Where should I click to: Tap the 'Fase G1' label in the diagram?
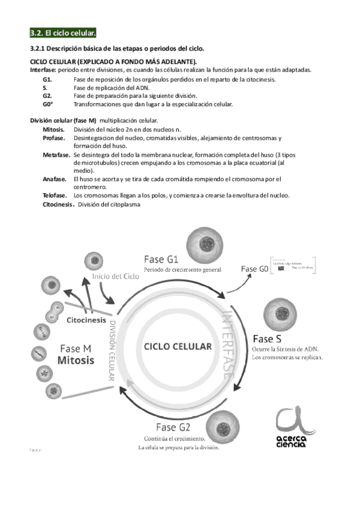click(161, 259)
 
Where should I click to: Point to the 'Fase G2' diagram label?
click(173, 427)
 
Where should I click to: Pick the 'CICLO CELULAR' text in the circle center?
click(177, 346)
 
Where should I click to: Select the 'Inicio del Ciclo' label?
click(116, 277)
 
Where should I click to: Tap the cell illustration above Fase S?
click(283, 313)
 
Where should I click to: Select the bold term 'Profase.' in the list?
click(54, 138)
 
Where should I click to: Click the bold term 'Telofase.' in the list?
click(55, 196)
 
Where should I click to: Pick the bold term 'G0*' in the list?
click(48, 104)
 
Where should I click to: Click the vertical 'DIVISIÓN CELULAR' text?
click(111, 349)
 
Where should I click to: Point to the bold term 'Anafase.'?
click(54, 179)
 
